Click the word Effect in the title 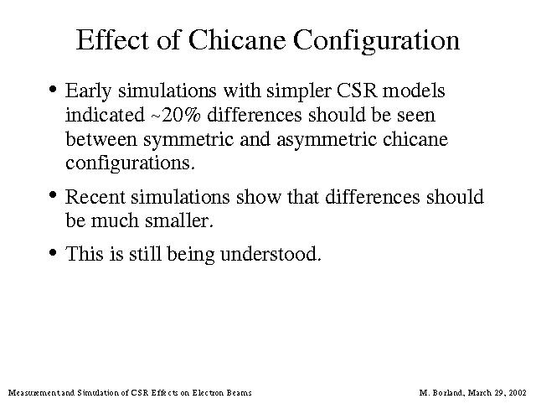[112, 39]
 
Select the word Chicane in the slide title [236, 39]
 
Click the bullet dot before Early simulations [52, 90]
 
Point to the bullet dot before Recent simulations [52, 195]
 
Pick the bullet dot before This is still [52, 252]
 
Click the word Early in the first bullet [88, 91]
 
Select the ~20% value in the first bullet [175, 115]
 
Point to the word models [414, 91]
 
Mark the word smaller [179, 220]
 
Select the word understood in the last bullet [271, 254]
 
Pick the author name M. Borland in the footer [441, 392]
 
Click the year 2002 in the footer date [518, 392]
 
